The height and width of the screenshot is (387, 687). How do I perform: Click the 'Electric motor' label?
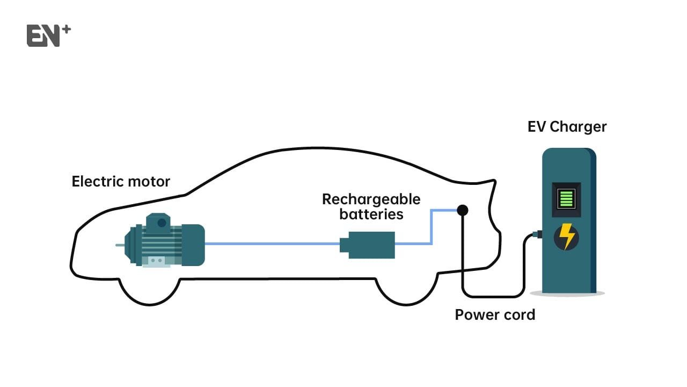[121, 181]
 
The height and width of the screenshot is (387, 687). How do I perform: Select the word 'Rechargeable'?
[371, 199]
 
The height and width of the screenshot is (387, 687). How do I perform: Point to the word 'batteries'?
[371, 214]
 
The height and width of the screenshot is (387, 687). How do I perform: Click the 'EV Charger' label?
[567, 127]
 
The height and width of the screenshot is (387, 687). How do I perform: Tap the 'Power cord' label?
[495, 314]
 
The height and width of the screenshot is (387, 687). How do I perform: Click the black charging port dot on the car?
[462, 210]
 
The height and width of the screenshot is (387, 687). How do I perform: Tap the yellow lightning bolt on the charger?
[566, 236]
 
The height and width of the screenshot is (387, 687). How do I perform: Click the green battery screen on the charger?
[566, 198]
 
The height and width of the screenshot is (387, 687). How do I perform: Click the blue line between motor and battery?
[271, 243]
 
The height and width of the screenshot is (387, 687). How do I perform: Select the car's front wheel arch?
[148, 290]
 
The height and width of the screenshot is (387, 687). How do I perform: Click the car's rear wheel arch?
[406, 290]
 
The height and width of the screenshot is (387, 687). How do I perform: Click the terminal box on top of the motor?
[159, 221]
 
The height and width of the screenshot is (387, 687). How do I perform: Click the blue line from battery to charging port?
[432, 226]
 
